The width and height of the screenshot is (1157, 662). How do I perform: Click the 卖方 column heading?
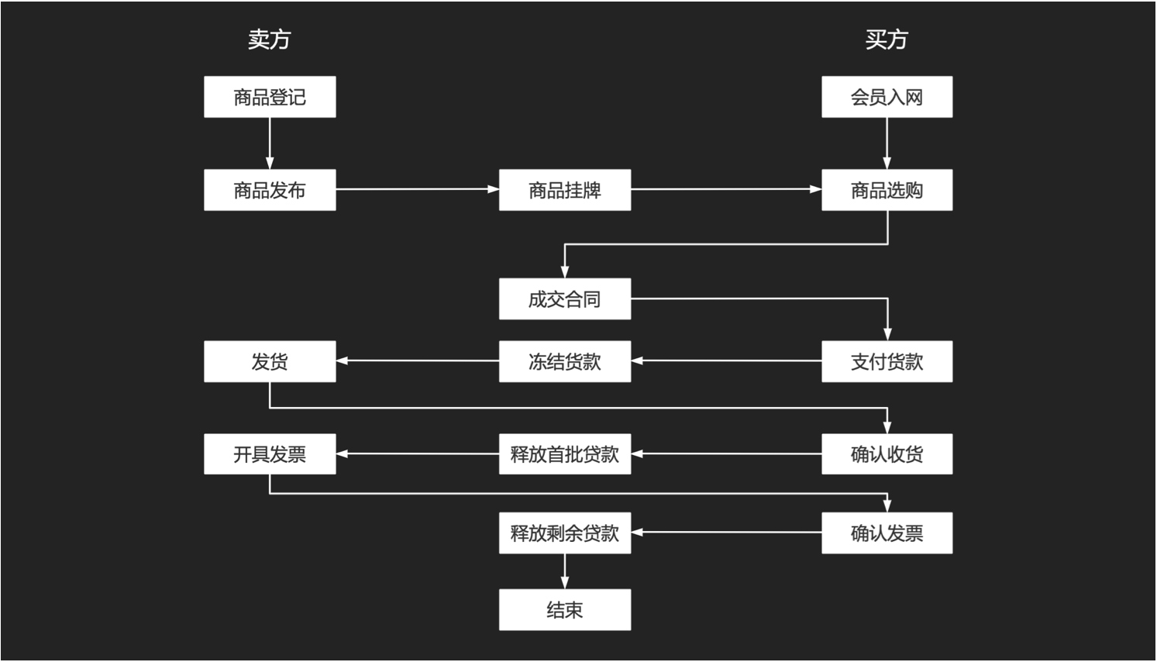pos(269,40)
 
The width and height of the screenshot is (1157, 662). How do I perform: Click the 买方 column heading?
pos(886,40)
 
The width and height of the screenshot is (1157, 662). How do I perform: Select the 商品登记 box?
pos(270,97)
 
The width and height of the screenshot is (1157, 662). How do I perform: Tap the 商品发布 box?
pos(270,190)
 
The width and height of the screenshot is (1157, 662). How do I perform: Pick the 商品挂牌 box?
pos(564,190)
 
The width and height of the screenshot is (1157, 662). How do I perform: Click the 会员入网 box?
pos(887,97)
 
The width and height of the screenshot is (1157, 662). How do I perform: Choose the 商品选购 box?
pos(887,190)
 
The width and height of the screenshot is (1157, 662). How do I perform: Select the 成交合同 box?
pos(564,299)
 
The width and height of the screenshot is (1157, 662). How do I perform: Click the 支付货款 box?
pos(887,361)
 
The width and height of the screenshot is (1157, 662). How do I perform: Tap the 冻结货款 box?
pos(564,361)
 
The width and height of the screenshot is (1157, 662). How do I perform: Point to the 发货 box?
pos(270,361)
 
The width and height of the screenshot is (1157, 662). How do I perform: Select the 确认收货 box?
pos(887,454)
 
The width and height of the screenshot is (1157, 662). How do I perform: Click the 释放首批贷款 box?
pos(564,454)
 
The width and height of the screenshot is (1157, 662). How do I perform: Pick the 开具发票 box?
pos(270,454)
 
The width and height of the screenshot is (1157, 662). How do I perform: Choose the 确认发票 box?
pos(887,533)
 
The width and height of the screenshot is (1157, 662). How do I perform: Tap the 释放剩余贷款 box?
pos(564,533)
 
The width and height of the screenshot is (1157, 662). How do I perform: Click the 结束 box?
pos(564,610)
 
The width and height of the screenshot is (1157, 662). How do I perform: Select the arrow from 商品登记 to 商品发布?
pos(270,143)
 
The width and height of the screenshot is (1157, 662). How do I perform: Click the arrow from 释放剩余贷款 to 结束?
pos(564,571)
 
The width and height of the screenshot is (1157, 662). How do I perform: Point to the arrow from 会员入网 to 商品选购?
pos(887,143)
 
